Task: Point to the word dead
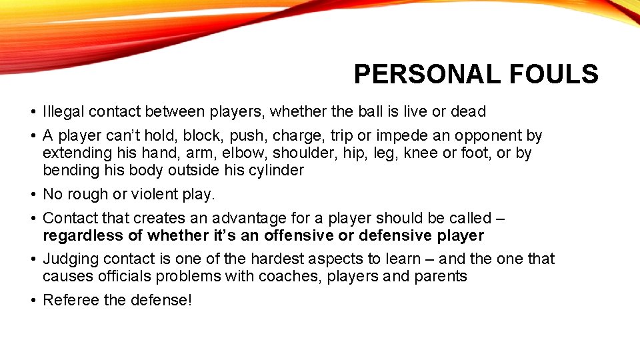pos(469,111)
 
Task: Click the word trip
pos(341,136)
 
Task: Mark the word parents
pos(441,277)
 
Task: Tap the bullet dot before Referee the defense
pos(33,301)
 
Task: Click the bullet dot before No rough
pos(33,195)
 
